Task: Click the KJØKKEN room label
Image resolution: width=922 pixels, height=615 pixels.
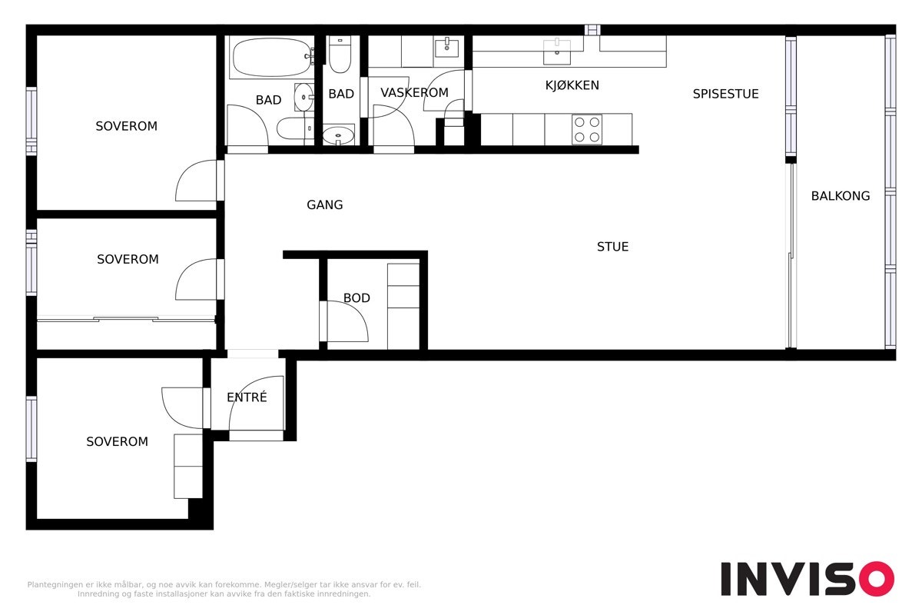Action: click(x=572, y=85)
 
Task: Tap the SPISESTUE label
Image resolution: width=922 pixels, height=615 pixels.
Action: click(x=725, y=94)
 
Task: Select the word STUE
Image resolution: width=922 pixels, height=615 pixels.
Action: click(x=612, y=247)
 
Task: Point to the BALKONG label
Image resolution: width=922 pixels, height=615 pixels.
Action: click(x=841, y=196)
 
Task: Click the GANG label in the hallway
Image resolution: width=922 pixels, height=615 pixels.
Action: click(x=324, y=205)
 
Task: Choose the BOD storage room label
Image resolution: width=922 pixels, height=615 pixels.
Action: click(x=357, y=298)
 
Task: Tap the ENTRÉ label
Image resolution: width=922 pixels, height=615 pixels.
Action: click(x=247, y=397)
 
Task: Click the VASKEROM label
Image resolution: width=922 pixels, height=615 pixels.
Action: click(x=414, y=93)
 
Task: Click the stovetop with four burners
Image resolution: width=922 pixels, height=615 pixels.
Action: click(x=586, y=129)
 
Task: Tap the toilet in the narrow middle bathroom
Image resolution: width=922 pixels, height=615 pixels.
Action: click(x=340, y=54)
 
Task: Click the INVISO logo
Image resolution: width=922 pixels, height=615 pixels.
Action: click(x=807, y=579)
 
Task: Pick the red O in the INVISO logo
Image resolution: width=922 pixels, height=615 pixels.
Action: click(x=876, y=579)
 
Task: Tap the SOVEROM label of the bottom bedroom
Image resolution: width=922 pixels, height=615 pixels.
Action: click(x=117, y=442)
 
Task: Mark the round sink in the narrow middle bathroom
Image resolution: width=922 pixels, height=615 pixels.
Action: click(x=338, y=136)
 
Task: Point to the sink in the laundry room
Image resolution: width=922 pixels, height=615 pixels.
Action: click(x=446, y=48)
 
